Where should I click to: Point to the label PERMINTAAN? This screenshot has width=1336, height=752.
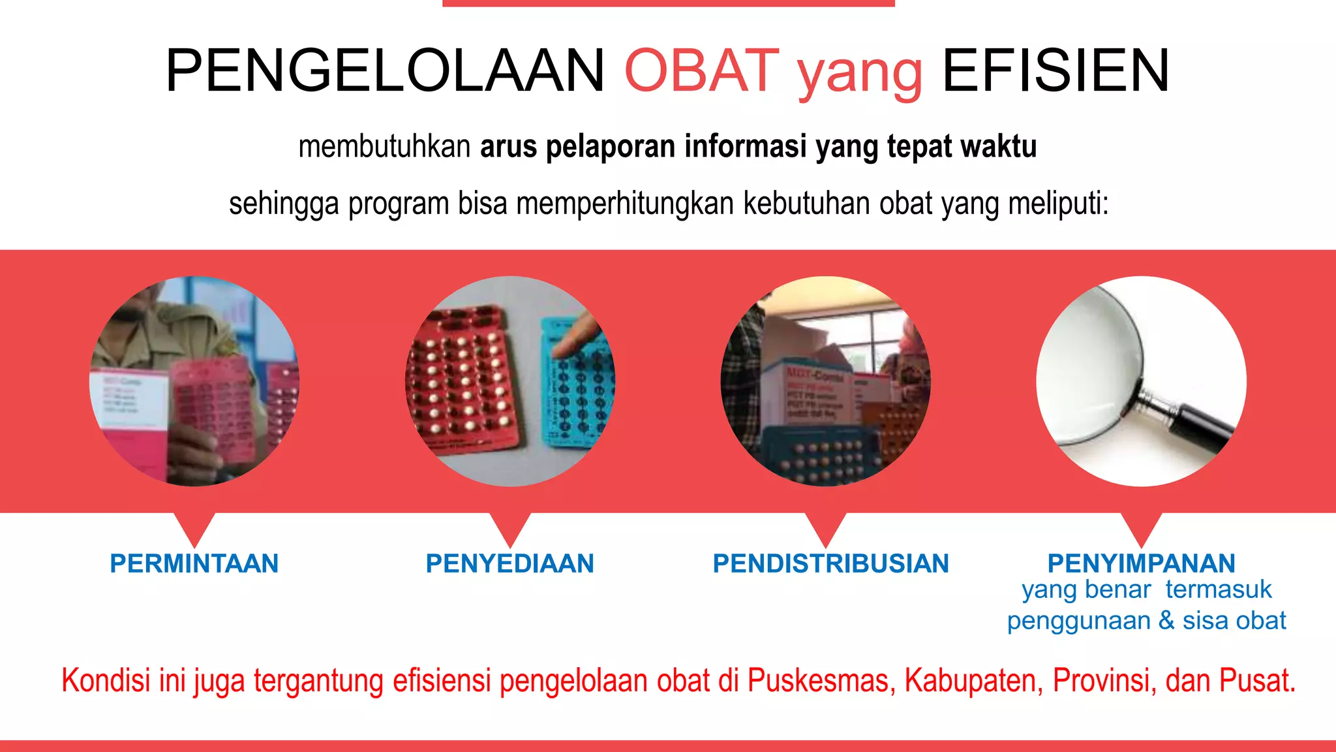(x=194, y=563)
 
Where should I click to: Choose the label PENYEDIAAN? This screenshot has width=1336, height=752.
(x=509, y=563)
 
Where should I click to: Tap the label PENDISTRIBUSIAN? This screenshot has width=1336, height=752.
(x=830, y=563)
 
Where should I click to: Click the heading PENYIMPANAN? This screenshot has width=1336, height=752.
(x=1141, y=563)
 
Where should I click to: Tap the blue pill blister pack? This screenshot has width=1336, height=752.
(x=577, y=385)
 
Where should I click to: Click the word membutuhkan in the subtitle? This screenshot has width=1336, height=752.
(x=384, y=146)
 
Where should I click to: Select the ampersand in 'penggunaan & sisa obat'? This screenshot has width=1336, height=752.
(x=1166, y=620)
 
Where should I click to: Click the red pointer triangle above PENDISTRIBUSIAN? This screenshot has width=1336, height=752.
(x=826, y=527)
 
